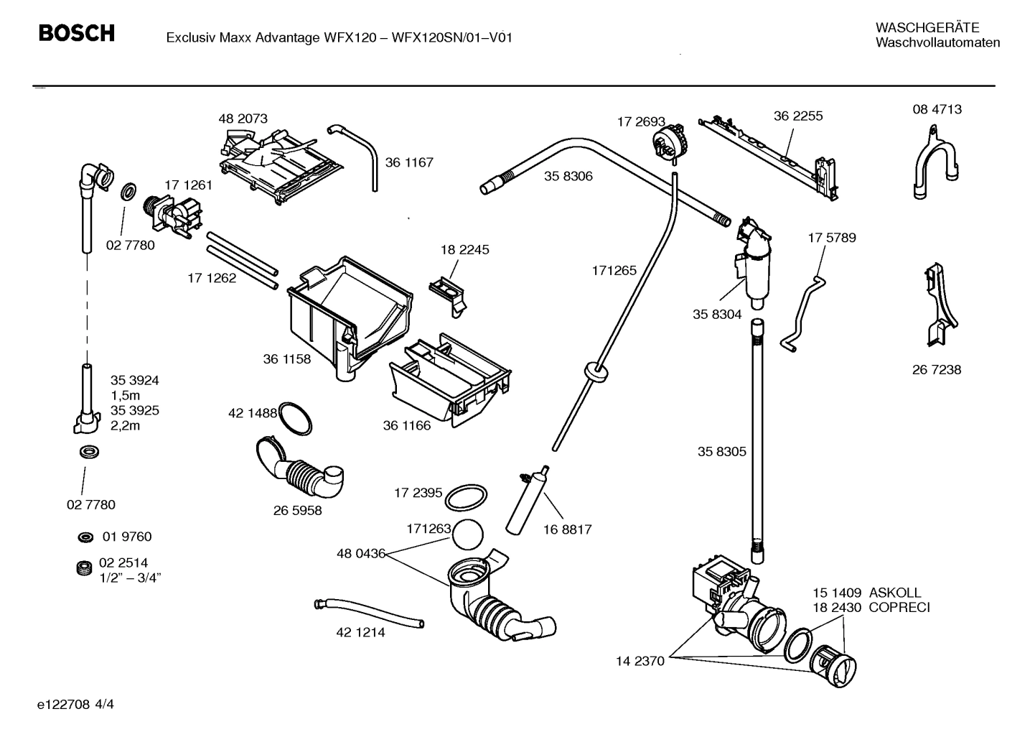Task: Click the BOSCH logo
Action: [x=76, y=33]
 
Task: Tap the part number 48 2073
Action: [x=243, y=119]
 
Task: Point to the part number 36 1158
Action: [x=286, y=359]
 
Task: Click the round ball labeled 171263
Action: [x=468, y=534]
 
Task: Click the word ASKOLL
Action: [x=894, y=593]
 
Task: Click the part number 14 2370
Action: [x=640, y=661]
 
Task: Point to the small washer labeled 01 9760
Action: [x=85, y=537]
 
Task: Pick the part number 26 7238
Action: [x=937, y=370]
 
